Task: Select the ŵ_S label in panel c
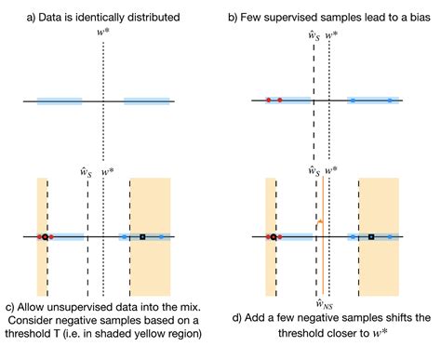87,170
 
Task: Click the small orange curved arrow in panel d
318,223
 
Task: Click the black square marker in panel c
142,237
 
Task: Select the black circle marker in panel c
44,237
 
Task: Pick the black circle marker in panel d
272,237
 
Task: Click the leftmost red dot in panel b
268,99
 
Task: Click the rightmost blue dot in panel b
389,99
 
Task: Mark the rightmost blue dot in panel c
161,237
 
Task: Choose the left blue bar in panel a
59,100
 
